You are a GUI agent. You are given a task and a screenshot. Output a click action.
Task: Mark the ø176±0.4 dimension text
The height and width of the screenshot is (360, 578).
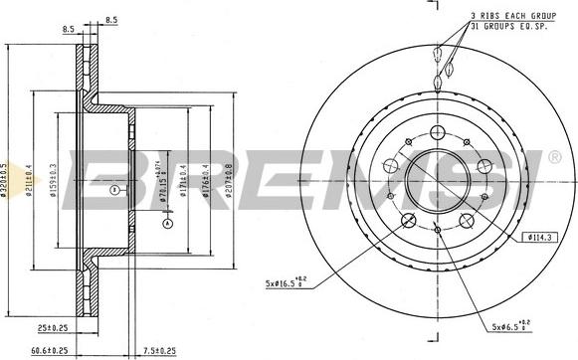(x=205, y=179)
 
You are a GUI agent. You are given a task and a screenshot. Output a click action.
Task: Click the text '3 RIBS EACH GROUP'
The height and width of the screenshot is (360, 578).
(x=513, y=16)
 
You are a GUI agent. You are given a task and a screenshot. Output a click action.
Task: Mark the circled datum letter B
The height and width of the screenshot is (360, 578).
(x=115, y=189)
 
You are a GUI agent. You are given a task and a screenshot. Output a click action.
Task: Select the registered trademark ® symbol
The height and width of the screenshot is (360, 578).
(x=556, y=155)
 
